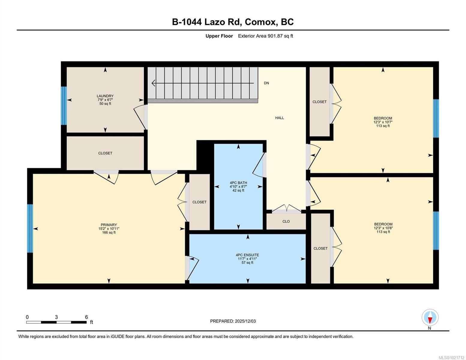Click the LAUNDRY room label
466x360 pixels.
pyautogui.click(x=105, y=96)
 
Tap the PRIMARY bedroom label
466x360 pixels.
pyautogui.click(x=109, y=225)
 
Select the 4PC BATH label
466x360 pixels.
pyautogui.click(x=238, y=183)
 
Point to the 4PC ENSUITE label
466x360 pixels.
pyautogui.click(x=247, y=255)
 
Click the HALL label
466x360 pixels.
pyautogui.click(x=279, y=118)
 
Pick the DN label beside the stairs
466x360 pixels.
pyautogui.click(x=266, y=83)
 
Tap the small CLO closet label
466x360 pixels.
pyautogui.click(x=286, y=221)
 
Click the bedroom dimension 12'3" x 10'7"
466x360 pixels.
pyautogui.click(x=383, y=122)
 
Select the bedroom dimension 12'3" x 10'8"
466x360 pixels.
pyautogui.click(x=383, y=228)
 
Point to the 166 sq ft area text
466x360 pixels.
pyautogui.click(x=109, y=232)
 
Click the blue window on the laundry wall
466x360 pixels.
pyautogui.click(x=64, y=106)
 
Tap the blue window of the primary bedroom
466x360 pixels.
pyautogui.click(x=30, y=228)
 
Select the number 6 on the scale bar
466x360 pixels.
pyautogui.click(x=86, y=317)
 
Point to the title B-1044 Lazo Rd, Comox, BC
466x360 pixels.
pyautogui.click(x=233, y=22)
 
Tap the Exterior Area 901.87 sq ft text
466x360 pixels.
pyautogui.click(x=265, y=36)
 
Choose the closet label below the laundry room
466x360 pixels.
pyautogui.click(x=105, y=153)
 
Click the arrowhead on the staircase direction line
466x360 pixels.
pyautogui.click(x=153, y=83)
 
